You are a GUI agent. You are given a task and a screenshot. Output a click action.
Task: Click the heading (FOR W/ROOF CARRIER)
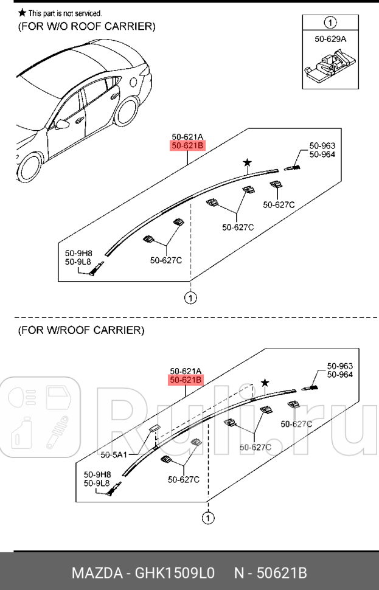(x=81, y=330)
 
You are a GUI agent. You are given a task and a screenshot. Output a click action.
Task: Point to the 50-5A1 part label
(x=113, y=454)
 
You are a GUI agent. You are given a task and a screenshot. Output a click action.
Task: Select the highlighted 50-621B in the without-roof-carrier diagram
(x=187, y=147)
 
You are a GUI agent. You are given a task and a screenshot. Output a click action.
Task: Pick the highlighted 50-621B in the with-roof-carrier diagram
(x=186, y=380)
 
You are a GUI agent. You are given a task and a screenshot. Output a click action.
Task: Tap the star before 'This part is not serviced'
(x=22, y=13)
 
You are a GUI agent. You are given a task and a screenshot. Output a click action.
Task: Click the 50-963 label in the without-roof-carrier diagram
(x=322, y=146)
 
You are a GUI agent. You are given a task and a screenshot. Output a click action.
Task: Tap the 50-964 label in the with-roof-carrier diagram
(x=340, y=375)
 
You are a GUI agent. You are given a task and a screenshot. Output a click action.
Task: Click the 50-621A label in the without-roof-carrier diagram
(x=187, y=137)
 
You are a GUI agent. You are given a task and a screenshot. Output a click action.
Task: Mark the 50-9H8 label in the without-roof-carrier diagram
(x=78, y=253)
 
